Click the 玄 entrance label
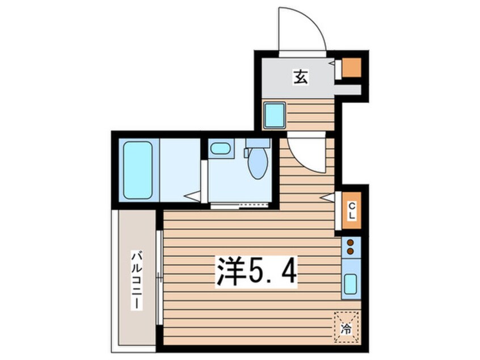click(300, 77)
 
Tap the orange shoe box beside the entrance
click(351, 68)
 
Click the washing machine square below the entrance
click(275, 115)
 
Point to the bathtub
click(138, 170)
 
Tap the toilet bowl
click(258, 164)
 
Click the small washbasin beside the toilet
click(220, 149)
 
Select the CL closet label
click(352, 211)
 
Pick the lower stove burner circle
click(350, 251)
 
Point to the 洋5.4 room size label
click(255, 273)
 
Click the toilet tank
click(258, 143)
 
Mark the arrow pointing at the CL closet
click(327, 197)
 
